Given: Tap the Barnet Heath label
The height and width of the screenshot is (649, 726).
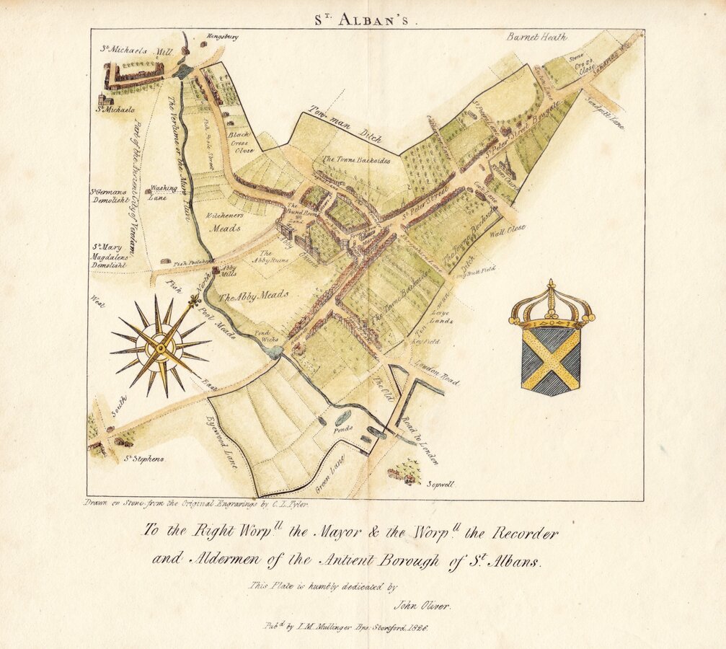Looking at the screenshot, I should point(536,37).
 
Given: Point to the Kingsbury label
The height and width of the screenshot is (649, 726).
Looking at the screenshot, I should point(223,36).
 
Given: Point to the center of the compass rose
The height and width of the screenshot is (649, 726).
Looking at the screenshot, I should point(159,347).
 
